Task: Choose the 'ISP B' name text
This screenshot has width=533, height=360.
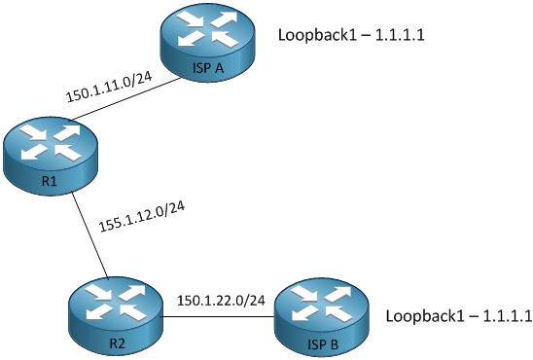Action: [x=323, y=343]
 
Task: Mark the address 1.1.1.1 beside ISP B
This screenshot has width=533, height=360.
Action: [x=508, y=316]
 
